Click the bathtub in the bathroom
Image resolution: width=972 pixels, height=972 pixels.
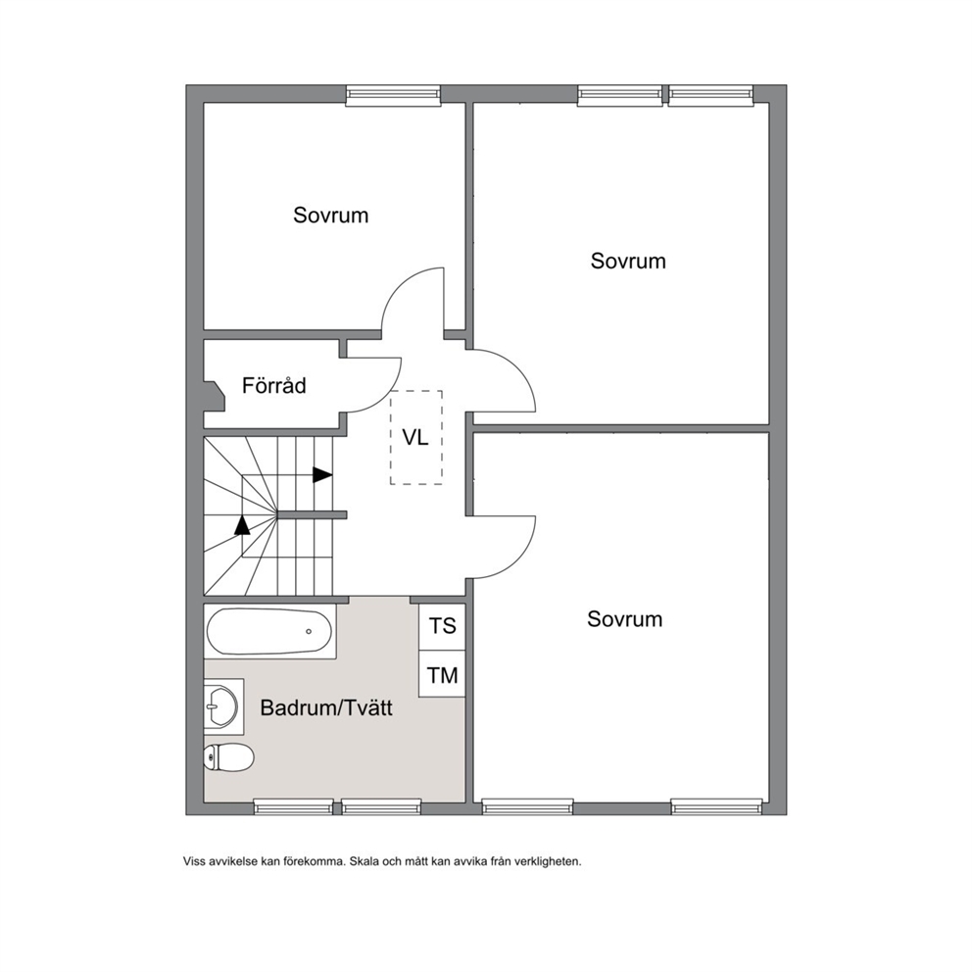click(x=269, y=631)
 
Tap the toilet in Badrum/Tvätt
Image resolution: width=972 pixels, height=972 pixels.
click(x=228, y=756)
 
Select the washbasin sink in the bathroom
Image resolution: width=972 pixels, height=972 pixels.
click(x=220, y=706)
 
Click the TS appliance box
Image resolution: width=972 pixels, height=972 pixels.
click(x=442, y=626)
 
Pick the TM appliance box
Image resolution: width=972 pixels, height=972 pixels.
click(x=442, y=674)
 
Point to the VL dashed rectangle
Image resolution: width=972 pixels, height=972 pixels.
click(x=416, y=437)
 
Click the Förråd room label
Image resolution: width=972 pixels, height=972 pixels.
click(x=274, y=386)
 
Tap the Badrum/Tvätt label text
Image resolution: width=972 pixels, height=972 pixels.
click(x=326, y=707)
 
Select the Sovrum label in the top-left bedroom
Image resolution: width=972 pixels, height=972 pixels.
click(x=330, y=216)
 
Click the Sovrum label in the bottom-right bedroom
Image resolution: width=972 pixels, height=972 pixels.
click(x=625, y=618)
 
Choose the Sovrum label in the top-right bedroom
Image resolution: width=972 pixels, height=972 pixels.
click(x=628, y=261)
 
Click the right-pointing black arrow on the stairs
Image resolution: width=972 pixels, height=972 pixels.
click(x=322, y=475)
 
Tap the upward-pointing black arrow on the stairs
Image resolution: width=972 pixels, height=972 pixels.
click(x=242, y=524)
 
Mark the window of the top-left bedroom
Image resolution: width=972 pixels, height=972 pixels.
click(x=393, y=94)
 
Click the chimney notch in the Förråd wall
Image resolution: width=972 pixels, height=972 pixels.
click(x=214, y=396)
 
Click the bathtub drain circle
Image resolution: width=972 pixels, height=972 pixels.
click(x=309, y=632)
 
